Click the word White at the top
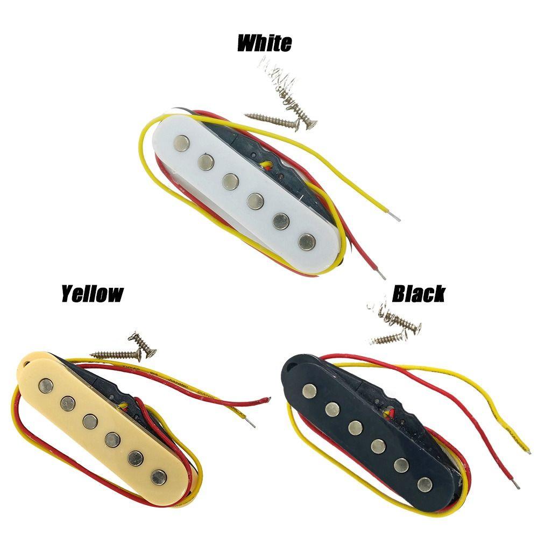click(264, 43)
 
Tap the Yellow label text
click(92, 294)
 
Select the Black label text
click(418, 294)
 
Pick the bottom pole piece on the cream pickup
click(159, 476)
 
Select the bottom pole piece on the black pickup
click(425, 483)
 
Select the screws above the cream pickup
click(124, 349)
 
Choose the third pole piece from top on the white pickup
click(231, 179)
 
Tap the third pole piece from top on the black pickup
click(355, 428)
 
